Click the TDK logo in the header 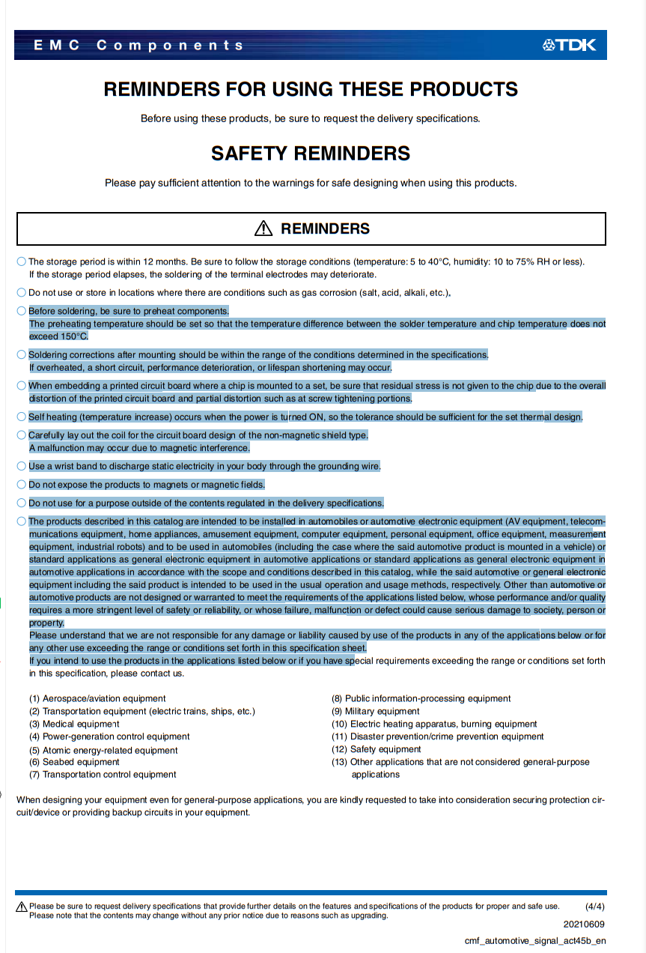pos(570,45)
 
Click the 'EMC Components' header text pos(138,45)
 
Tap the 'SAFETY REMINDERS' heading pos(311,154)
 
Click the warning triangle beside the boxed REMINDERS pos(263,229)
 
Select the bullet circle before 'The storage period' pos(22,261)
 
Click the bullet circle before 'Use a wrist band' pos(22,466)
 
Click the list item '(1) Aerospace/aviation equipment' pos(97,698)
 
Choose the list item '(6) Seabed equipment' pos(74,762)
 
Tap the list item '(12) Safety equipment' pos(377,749)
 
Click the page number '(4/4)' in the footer pos(594,907)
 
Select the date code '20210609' pos(584,925)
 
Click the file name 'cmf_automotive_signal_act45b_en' pos(535,941)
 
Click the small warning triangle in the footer pos(22,907)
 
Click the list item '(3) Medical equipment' pos(74,724)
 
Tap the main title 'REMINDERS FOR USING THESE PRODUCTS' pos(311,89)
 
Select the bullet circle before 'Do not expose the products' pos(22,485)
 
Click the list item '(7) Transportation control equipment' pos(103,775)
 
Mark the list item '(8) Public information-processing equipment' pos(421,698)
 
